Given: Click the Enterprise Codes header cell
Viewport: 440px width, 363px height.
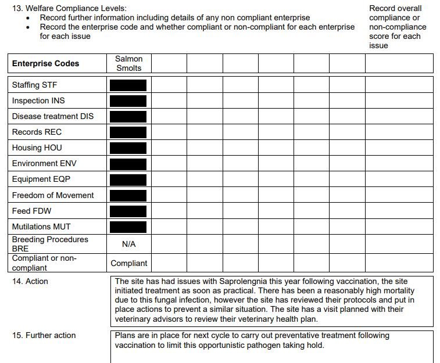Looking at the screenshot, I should coord(45,63).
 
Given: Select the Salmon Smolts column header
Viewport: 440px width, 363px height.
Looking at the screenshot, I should coord(128,63).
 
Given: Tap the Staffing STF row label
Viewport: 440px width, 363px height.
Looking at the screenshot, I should coord(34,85).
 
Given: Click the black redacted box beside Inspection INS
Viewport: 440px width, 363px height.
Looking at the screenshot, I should coord(128,101).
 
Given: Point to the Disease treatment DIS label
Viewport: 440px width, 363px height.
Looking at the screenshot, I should coord(52,116).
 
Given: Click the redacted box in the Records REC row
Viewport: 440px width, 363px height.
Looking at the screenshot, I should coord(128,132).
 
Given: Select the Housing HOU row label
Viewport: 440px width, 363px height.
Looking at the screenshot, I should coord(37,148).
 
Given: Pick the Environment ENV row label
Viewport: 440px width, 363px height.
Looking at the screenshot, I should coord(43,163).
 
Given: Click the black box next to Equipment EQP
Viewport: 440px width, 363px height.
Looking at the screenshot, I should coord(128,179).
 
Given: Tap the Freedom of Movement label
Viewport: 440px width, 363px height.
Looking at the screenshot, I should coord(52,195).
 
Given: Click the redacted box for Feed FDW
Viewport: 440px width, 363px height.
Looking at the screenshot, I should coord(128,211).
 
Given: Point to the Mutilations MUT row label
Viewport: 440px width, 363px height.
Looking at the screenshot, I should coord(41,227).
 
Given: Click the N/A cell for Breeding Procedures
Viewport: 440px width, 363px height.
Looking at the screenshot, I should coord(128,245).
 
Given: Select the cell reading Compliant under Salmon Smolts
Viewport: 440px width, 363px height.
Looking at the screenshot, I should coord(128,263).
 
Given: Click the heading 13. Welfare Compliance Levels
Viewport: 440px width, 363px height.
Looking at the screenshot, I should coord(69,9).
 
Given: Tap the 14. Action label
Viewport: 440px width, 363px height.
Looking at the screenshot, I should coord(30,281).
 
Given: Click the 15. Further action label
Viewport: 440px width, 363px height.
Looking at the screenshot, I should coord(44,335).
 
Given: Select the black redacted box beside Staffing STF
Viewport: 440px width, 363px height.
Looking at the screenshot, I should coord(128,85).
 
